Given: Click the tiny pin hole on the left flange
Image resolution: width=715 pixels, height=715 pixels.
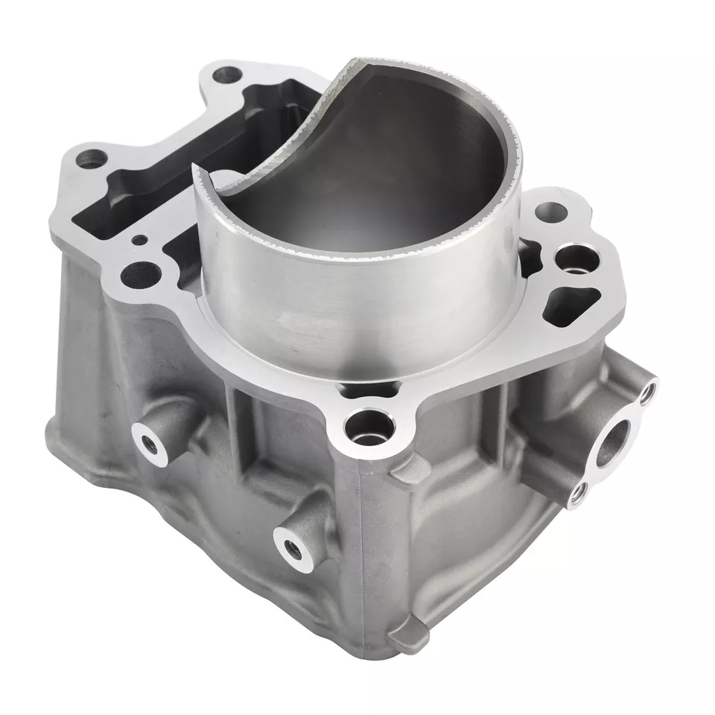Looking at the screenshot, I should coord(139,239).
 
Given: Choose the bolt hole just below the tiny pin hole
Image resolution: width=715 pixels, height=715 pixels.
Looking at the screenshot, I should coord(136,274).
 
